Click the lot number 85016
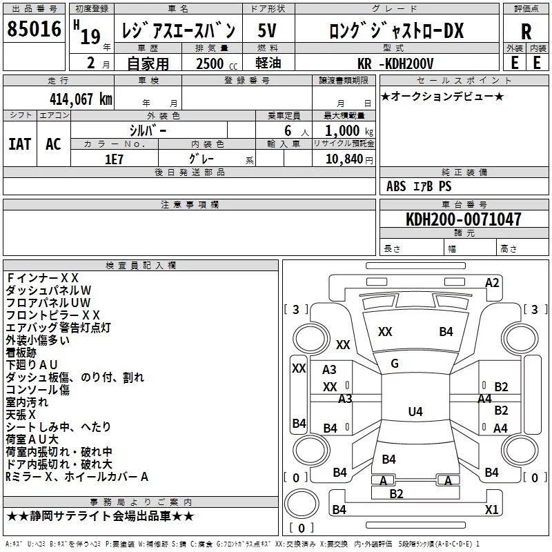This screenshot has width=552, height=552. click(34, 29)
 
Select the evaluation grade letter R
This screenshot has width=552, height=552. click(526, 32)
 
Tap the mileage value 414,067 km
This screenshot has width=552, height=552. click(81, 99)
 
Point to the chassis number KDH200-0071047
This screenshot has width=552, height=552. click(463, 219)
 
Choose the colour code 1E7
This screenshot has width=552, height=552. click(114, 159)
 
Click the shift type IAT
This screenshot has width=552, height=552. click(20, 144)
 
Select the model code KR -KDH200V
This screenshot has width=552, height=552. click(395, 63)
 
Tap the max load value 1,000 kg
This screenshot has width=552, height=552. click(349, 131)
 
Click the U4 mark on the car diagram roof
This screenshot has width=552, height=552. click(415, 411)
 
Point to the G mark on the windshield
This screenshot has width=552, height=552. click(395, 364)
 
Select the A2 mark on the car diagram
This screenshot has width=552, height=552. click(492, 283)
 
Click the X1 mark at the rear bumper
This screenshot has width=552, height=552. click(491, 509)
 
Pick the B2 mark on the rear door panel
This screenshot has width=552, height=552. click(396, 494)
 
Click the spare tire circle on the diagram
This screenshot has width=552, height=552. click(302, 503)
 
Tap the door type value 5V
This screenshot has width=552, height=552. click(267, 30)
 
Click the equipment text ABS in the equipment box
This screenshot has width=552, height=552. click(396, 186)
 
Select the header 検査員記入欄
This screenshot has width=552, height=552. click(141, 266)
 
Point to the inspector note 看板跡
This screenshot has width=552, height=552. click(21, 353)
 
